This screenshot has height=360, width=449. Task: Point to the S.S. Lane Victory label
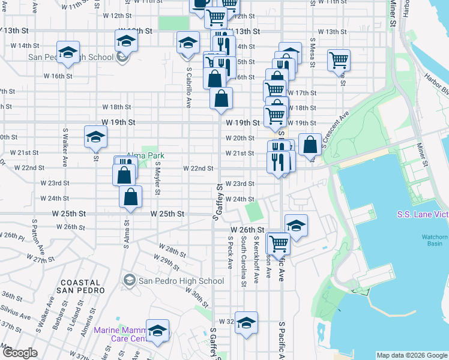point(423,214)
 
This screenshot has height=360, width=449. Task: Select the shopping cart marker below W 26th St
point(279,243)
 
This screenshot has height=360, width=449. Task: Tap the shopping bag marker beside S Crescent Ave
point(310,145)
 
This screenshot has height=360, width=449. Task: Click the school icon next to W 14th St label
point(68,51)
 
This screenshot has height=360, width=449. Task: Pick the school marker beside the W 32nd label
point(246,322)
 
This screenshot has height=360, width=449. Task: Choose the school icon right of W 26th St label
point(296,225)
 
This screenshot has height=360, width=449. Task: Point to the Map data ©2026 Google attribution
point(412,355)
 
